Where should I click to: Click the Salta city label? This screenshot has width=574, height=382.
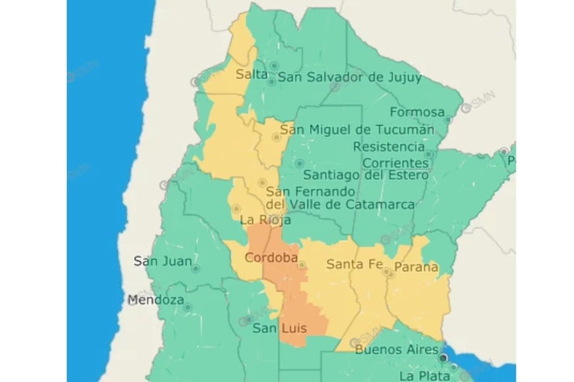[251, 75]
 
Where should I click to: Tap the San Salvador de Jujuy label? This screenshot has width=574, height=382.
[349, 77]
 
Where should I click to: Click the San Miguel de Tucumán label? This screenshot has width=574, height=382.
[357, 129]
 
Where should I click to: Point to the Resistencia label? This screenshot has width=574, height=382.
[389, 146]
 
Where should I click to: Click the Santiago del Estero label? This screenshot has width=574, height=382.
[366, 175]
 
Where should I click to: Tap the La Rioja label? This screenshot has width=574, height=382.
[261, 219]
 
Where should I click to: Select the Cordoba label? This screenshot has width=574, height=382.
[271, 257]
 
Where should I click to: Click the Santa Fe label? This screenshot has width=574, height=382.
[354, 264]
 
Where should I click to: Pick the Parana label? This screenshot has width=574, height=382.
[416, 267]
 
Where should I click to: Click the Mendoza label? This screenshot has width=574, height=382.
[156, 300]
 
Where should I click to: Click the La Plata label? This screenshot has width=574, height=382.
[426, 376]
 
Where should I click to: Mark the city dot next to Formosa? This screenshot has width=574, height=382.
[447, 120]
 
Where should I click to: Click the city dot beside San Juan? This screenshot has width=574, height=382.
[195, 269]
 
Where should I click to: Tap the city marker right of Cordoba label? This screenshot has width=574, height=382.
[302, 265]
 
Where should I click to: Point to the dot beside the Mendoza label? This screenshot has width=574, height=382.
[187, 307]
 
